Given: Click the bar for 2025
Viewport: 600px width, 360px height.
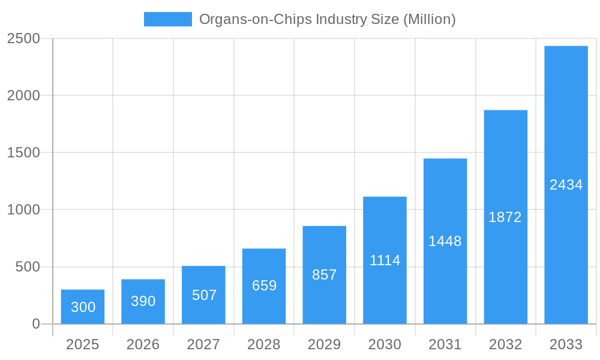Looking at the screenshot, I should [83, 307].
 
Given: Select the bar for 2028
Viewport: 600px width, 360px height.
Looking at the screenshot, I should [264, 286].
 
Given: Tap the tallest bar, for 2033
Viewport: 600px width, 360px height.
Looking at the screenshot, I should [566, 185].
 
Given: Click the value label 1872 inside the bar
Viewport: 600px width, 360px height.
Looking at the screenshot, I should [505, 217].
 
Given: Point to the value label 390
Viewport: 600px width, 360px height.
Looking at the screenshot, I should [143, 301].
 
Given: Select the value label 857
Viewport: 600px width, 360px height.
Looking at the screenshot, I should [325, 275].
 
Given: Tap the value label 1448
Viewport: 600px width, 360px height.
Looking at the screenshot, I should [445, 241].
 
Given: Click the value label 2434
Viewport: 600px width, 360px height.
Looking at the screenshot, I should [566, 185].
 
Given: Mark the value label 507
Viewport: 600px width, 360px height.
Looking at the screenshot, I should [204, 295].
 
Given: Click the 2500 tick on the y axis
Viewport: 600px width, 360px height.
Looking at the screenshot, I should [23, 38].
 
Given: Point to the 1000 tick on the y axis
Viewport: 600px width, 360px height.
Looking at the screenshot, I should [23, 210].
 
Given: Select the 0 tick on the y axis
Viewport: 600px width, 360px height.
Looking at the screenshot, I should [35, 324].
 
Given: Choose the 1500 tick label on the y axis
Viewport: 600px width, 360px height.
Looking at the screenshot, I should [23, 152].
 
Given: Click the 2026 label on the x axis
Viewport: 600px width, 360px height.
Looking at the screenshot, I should [143, 344].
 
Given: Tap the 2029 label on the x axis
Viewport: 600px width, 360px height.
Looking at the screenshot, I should [325, 344].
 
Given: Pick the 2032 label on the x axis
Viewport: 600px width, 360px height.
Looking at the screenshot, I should [505, 344].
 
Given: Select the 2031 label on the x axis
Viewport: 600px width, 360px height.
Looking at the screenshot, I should [445, 344].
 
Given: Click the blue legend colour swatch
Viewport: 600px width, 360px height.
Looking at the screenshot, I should [168, 19].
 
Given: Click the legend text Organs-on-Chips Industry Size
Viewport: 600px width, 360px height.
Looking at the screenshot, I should [327, 19].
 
